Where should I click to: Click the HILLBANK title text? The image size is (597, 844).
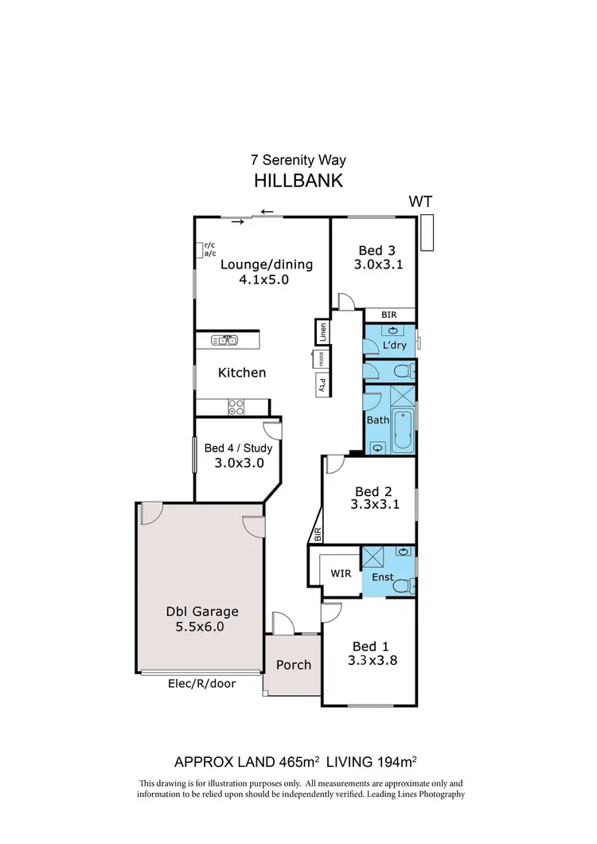tap(298, 181)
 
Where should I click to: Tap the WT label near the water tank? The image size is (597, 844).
tap(421, 201)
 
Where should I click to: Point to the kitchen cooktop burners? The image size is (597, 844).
tap(236, 407)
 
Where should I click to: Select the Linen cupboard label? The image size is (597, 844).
tap(322, 331)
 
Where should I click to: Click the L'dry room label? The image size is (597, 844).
tap(395, 346)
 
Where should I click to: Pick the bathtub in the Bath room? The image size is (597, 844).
tap(401, 430)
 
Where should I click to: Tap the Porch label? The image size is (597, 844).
tap(294, 665)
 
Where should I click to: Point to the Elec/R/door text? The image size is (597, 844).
tap(202, 683)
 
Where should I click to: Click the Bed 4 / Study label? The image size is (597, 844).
tap(238, 448)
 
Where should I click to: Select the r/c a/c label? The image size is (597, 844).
tap(210, 249)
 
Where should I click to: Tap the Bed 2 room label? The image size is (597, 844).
tap(373, 491)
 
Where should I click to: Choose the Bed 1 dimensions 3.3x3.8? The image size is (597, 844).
tap(372, 661)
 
